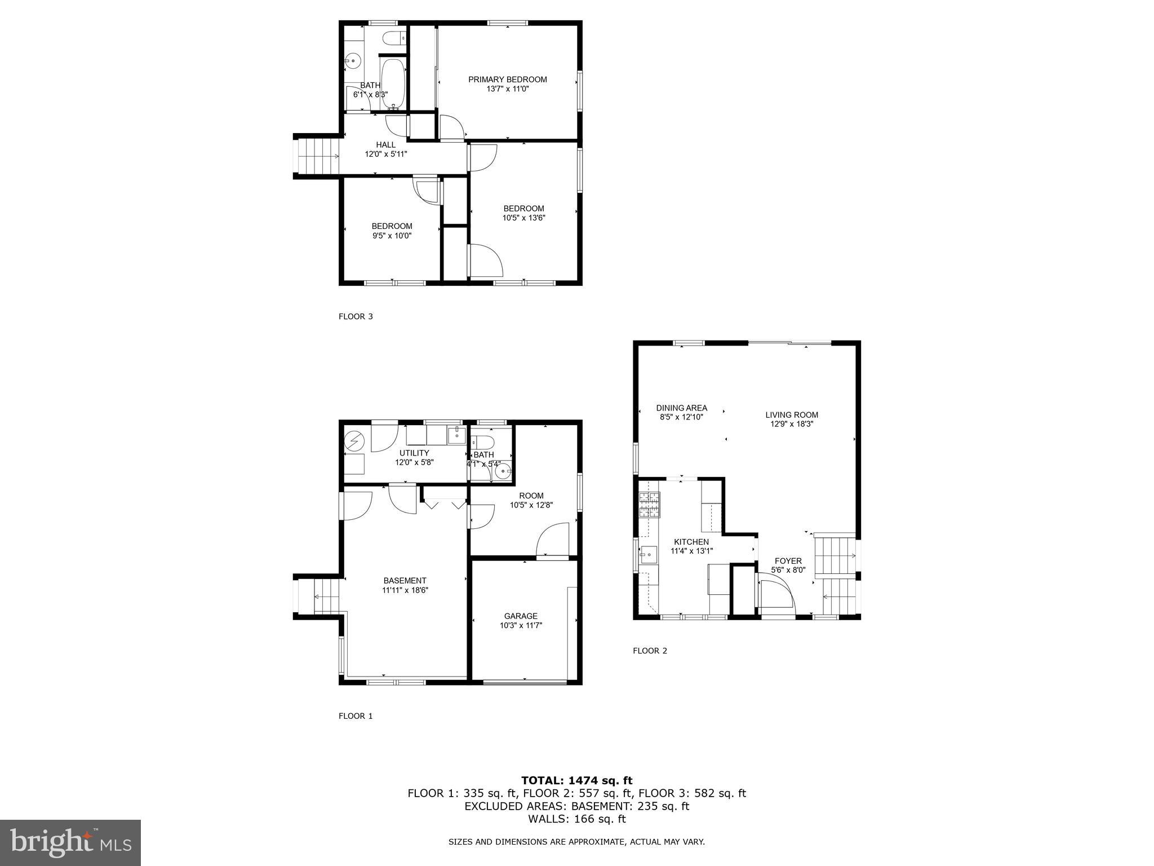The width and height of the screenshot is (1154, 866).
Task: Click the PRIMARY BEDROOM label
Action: click(x=507, y=79)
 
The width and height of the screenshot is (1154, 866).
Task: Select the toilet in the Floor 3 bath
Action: click(x=393, y=38)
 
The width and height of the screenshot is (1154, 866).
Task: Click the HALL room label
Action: click(x=385, y=145)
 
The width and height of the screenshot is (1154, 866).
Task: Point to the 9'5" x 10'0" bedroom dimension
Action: click(x=392, y=236)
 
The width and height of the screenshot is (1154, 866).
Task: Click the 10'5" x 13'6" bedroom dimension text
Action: click(x=523, y=218)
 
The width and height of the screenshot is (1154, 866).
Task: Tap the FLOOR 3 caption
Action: click(x=356, y=316)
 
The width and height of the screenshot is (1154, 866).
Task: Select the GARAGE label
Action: click(x=521, y=616)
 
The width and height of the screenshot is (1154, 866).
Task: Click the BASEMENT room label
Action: click(x=405, y=581)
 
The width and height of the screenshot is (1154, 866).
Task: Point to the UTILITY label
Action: click(x=414, y=453)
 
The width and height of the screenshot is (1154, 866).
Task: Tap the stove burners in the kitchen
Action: click(x=649, y=505)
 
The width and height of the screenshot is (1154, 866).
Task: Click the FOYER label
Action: click(x=788, y=561)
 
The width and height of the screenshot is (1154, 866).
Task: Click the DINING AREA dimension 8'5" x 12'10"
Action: click(x=681, y=417)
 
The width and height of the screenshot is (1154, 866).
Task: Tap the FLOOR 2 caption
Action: click(x=650, y=651)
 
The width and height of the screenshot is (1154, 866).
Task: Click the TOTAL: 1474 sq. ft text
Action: click(x=576, y=780)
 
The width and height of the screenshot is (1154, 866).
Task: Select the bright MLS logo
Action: click(x=70, y=842)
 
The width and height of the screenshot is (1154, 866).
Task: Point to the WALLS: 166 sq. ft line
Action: click(x=576, y=819)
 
